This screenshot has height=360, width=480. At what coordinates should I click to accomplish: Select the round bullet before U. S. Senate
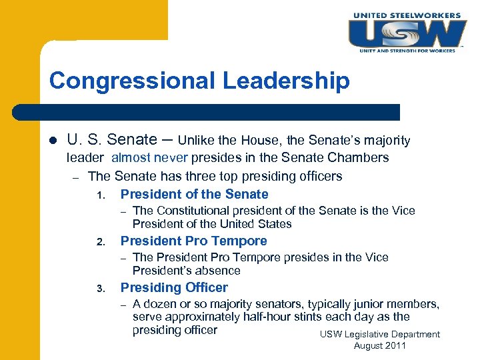53,141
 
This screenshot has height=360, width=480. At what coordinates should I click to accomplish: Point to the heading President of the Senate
194,195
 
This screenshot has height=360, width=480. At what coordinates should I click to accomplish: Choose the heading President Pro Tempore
193,241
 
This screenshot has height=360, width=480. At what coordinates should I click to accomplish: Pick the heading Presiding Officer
174,288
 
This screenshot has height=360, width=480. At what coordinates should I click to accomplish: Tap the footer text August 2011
379,346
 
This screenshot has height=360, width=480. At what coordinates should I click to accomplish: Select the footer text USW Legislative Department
380,334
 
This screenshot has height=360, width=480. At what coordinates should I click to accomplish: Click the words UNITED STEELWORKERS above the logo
407,15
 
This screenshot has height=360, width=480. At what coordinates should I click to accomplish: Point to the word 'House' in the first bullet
262,141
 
